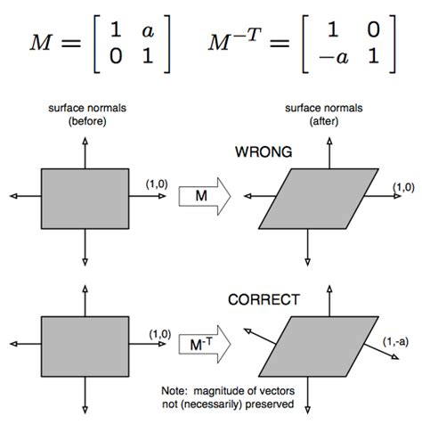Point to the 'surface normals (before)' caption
click(85, 113)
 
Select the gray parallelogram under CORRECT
click(317, 341)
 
